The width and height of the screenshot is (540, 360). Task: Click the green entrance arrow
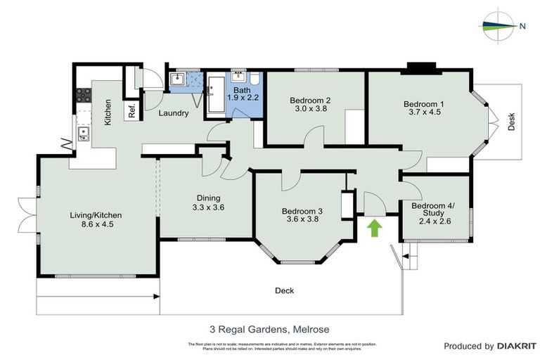(375, 228)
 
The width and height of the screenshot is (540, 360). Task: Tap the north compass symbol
(501, 27)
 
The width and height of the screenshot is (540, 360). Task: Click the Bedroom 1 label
(423, 104)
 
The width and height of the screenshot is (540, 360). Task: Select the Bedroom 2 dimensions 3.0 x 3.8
(310, 109)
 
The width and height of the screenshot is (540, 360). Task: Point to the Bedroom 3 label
(302, 211)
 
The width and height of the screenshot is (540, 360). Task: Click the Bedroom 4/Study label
(432, 210)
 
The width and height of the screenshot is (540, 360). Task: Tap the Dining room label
(208, 198)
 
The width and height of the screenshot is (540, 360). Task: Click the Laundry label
(172, 113)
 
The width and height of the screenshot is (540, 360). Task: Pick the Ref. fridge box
(131, 110)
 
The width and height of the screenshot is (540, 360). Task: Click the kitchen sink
(84, 133)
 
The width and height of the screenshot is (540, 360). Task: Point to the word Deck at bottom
(284, 290)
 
